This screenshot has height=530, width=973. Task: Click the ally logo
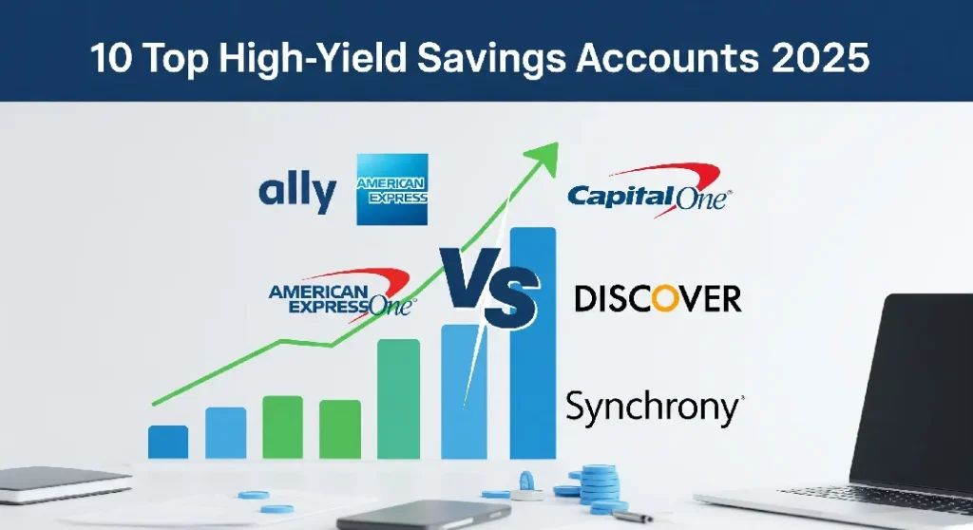(296, 193)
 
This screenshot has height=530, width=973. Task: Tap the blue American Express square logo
(391, 190)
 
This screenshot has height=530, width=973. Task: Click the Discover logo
(658, 298)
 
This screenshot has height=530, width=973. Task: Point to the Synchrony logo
(655, 407)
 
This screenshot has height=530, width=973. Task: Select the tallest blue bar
(532, 342)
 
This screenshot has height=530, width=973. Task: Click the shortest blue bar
(168, 442)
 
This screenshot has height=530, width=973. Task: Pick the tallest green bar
(398, 399)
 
